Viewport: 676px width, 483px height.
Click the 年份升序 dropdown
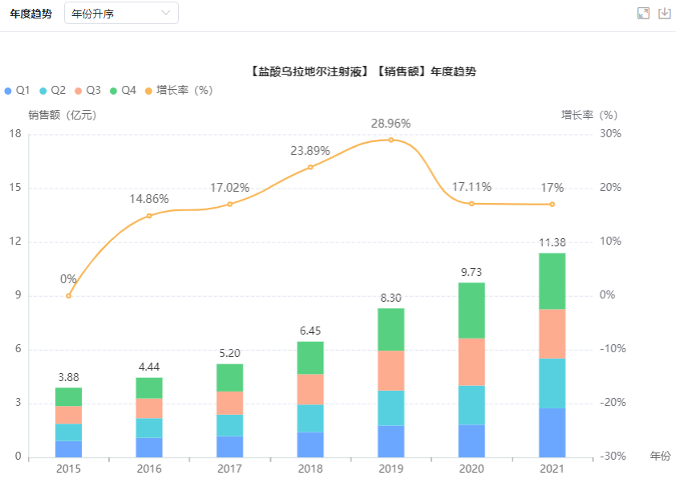(121, 13)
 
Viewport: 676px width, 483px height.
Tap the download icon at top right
(664, 13)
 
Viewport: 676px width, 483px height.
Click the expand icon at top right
(642, 13)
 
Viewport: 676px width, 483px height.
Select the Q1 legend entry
(18, 91)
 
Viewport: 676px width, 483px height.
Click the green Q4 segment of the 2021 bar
(552, 281)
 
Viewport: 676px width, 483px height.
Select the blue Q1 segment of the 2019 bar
(391, 440)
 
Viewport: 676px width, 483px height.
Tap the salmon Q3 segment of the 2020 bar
(472, 362)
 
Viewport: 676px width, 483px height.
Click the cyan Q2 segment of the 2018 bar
(310, 418)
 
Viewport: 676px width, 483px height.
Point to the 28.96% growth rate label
(391, 124)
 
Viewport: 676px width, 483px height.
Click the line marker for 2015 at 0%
(68, 295)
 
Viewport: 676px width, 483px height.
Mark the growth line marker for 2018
(310, 167)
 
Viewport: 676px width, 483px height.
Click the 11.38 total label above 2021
(552, 243)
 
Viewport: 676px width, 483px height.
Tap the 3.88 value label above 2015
(68, 377)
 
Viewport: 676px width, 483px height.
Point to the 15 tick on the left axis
(14, 188)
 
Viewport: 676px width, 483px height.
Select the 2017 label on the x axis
(229, 469)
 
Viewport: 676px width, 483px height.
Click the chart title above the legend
(363, 71)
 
